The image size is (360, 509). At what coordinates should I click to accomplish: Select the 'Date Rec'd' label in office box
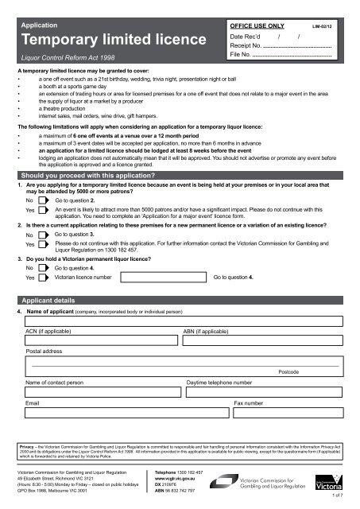pyautogui.click(x=246, y=37)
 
